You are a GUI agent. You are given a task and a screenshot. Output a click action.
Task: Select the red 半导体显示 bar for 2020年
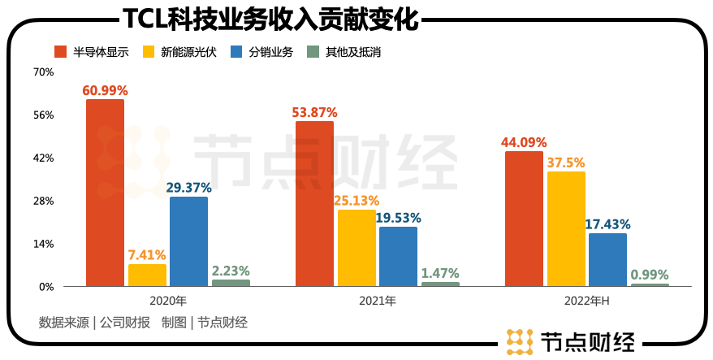(106, 193)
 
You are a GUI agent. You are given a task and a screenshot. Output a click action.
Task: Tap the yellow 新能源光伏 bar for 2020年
(147, 275)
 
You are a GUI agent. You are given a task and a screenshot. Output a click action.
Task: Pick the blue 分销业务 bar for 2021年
(398, 256)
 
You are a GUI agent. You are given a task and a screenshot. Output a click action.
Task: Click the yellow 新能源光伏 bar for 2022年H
(566, 228)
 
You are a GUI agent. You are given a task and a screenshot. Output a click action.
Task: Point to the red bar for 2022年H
(524, 219)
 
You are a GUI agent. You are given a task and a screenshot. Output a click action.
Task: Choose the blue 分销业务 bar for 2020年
(188, 241)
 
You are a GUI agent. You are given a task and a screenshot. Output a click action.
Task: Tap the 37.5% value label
(566, 162)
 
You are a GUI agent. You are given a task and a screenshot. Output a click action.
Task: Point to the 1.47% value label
(440, 273)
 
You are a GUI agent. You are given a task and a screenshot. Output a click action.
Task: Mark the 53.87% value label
(314, 112)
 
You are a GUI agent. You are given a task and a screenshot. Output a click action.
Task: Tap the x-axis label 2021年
(378, 301)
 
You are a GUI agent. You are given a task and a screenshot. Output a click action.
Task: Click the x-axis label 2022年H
(586, 301)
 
